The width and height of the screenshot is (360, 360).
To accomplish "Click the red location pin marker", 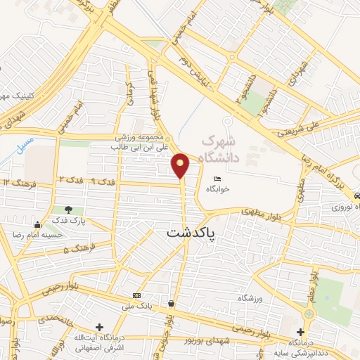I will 181,165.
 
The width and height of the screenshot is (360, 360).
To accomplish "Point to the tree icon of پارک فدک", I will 68,209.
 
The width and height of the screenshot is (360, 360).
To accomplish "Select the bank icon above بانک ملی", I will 136,295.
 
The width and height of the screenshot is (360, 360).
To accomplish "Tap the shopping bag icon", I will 171,304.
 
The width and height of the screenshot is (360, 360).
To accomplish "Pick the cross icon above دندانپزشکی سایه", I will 301,332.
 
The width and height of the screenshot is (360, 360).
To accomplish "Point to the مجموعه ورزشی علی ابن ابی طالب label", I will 143,142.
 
